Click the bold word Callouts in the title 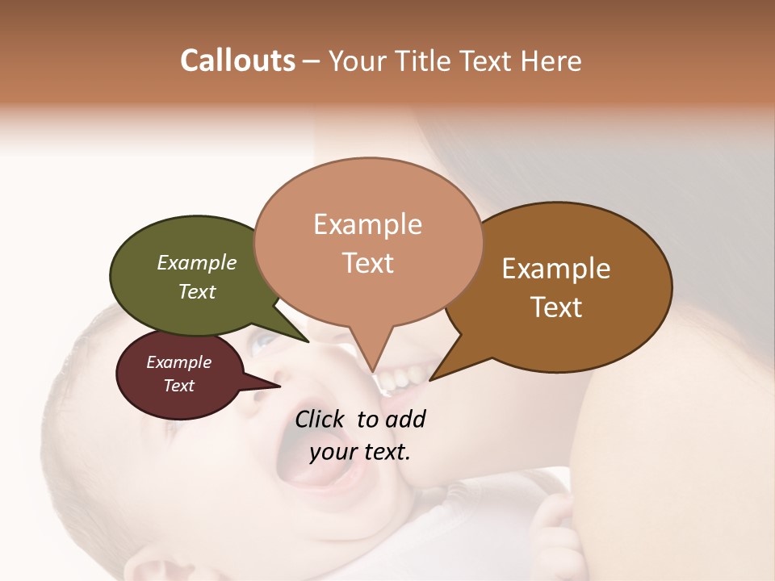[x=237, y=61]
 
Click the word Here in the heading [x=552, y=61]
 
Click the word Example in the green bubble [x=196, y=263]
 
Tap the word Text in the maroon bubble [x=178, y=386]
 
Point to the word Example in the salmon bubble [x=367, y=224]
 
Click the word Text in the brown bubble [x=557, y=307]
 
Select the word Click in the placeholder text [x=322, y=419]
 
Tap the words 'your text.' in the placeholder [x=360, y=452]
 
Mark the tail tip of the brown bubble [x=430, y=379]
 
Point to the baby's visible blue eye [x=262, y=345]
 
